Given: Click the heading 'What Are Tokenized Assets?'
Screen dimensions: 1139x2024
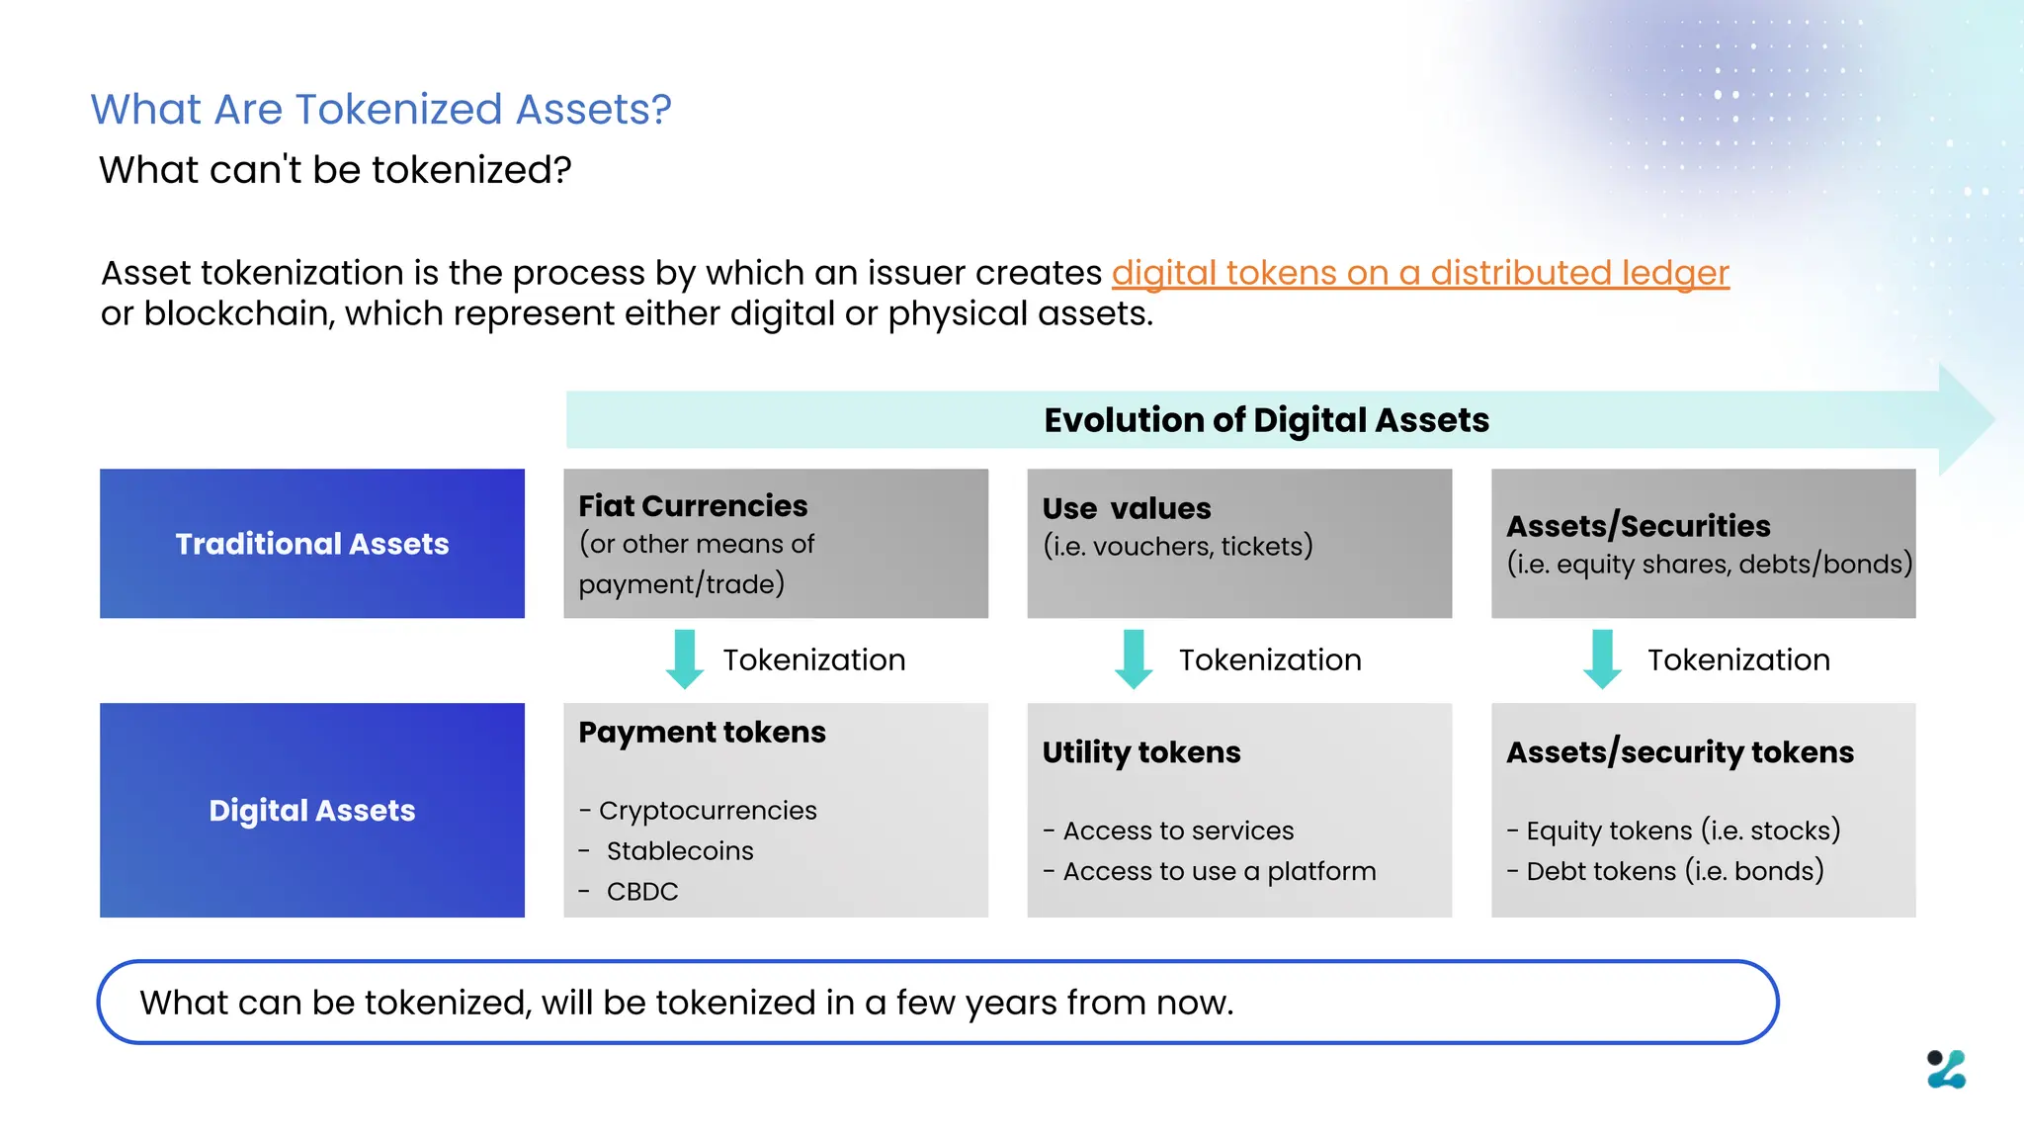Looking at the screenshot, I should pyautogui.click(x=380, y=109).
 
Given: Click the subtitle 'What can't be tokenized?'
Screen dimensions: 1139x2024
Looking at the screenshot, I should pyautogui.click(x=335, y=170).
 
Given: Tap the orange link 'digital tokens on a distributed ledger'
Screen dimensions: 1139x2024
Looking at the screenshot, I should pyautogui.click(x=1420, y=273).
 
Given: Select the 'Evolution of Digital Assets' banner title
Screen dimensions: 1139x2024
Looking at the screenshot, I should pyautogui.click(x=1266, y=420).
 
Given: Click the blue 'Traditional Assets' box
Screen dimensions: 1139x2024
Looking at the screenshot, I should pyautogui.click(x=312, y=544).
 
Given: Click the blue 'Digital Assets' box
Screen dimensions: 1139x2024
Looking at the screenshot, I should pyautogui.click(x=312, y=811).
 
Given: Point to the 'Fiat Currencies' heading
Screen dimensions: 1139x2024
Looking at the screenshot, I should pyautogui.click(x=693, y=506).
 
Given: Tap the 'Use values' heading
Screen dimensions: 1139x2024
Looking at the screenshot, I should pyautogui.click(x=1126, y=508).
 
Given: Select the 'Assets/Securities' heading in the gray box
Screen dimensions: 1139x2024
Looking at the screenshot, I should pyautogui.click(x=1638, y=526).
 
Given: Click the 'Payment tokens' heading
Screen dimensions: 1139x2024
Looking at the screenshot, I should pyautogui.click(x=702, y=733).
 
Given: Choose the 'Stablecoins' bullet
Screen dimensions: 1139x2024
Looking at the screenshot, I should pyautogui.click(x=679, y=851).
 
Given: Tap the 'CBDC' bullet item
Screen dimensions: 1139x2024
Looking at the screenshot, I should pyautogui.click(x=641, y=892).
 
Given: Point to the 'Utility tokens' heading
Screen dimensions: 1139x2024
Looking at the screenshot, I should pyautogui.click(x=1140, y=752).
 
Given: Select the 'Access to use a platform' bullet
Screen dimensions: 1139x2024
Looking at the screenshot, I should pyautogui.click(x=1219, y=872).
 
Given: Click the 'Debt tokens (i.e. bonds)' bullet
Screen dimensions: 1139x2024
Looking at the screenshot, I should pyautogui.click(x=1674, y=872).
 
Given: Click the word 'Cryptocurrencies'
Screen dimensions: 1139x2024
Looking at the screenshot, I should pyautogui.click(x=708, y=811).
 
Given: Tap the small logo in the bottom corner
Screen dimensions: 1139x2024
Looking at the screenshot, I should pyautogui.click(x=1946, y=1070).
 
